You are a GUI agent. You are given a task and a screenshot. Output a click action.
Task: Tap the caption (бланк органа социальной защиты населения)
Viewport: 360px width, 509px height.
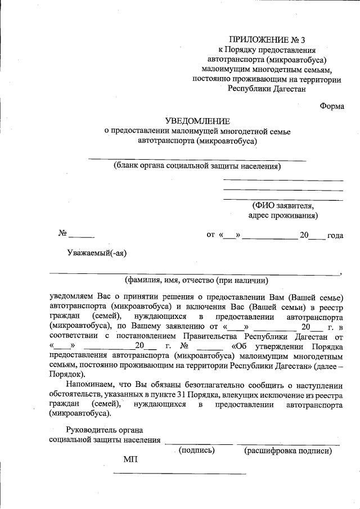point(197,166)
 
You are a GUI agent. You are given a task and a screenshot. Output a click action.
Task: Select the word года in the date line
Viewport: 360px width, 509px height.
point(335,236)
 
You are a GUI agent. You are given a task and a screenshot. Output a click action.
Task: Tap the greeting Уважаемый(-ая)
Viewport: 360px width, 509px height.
point(97,253)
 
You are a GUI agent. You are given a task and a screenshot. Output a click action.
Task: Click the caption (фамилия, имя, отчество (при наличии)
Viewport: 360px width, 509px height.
point(196,280)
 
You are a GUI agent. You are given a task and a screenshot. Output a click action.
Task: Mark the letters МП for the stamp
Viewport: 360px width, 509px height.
point(130,460)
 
